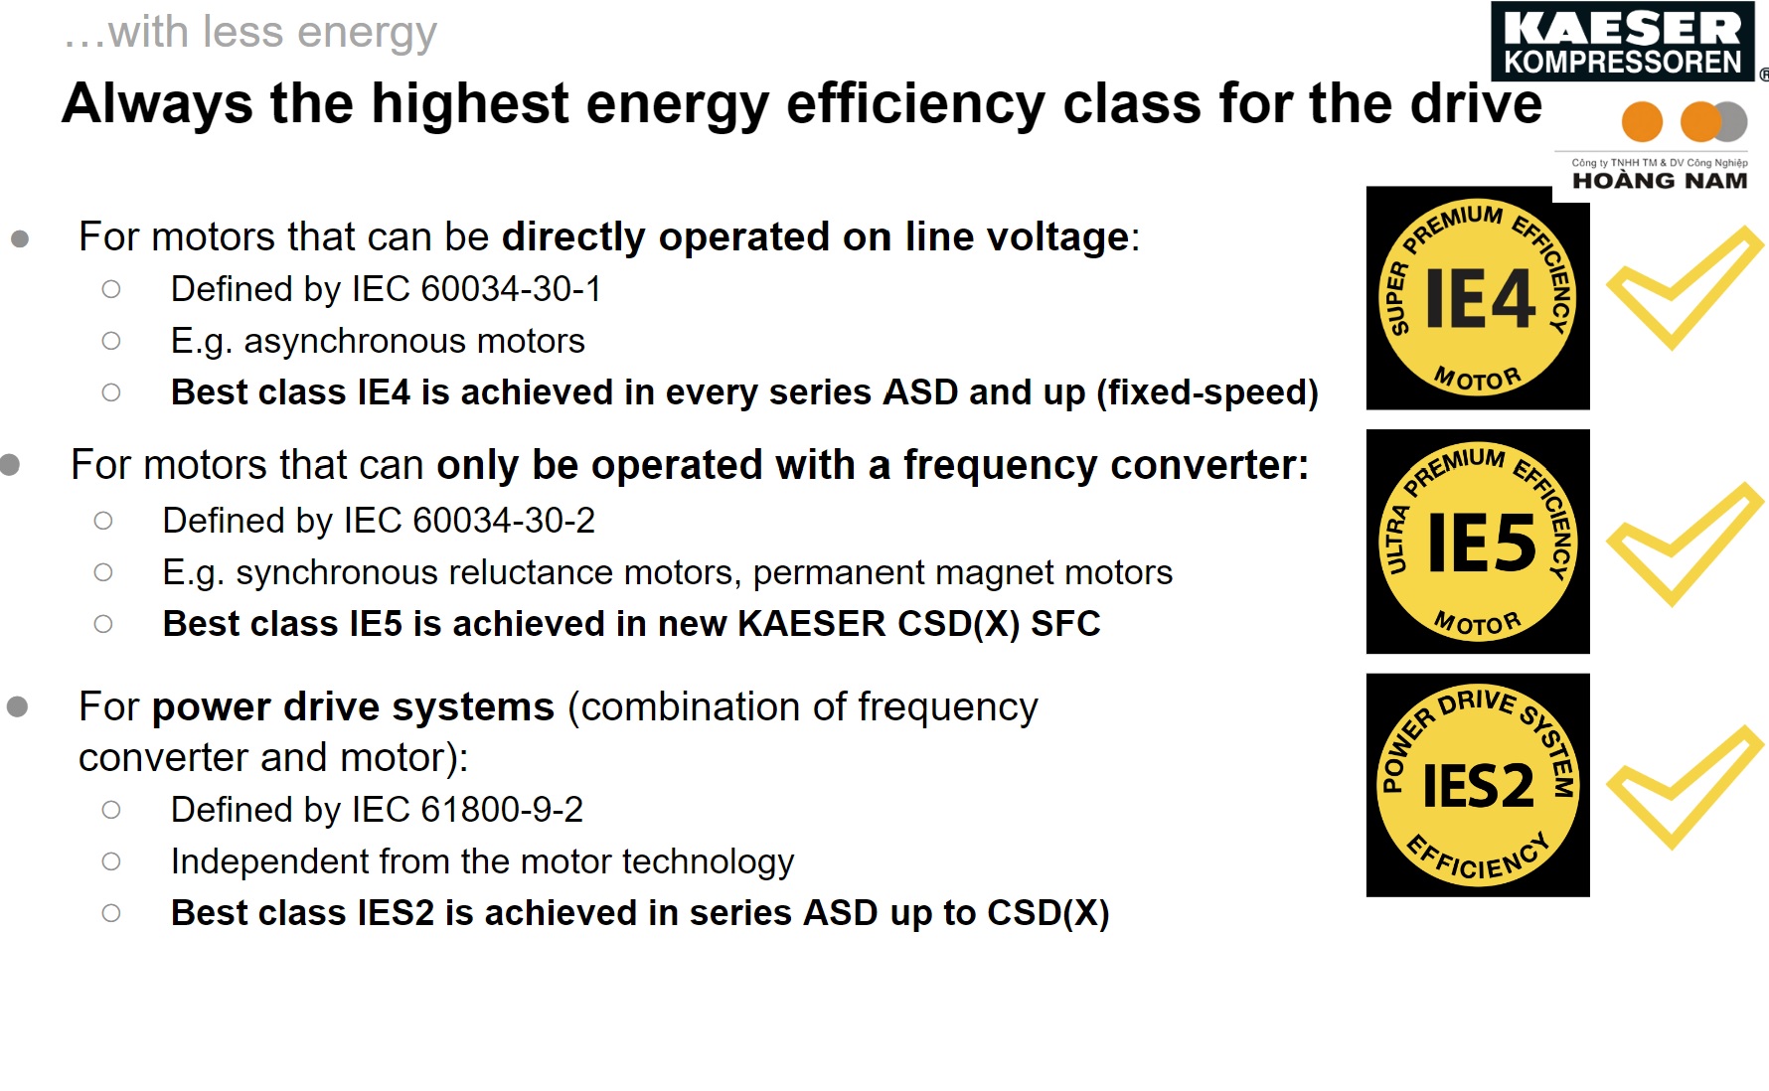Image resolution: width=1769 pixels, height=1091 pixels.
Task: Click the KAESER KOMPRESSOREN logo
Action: (x=1623, y=42)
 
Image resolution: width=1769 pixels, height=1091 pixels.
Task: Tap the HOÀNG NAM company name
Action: (x=1660, y=181)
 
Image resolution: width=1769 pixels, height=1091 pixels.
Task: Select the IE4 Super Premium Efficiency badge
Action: (x=1478, y=298)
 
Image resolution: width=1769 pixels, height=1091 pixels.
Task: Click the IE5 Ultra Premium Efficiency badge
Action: (x=1478, y=542)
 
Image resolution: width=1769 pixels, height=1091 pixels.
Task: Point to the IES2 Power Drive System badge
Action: (x=1478, y=785)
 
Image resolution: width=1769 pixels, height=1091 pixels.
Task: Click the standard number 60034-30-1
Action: (x=511, y=289)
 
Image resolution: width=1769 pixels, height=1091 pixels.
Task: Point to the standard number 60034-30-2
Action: (x=503, y=521)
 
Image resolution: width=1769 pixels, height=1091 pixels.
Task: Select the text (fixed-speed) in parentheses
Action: (x=1207, y=392)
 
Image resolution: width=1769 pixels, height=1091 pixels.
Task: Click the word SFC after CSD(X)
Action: (x=1065, y=624)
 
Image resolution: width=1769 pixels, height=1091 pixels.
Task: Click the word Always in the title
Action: (x=157, y=103)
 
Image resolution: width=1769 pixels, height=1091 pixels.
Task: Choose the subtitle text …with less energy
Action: (x=250, y=32)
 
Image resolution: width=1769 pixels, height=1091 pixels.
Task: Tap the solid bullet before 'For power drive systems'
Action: (x=17, y=707)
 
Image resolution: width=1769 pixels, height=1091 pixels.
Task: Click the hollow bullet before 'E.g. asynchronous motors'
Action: (x=111, y=341)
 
